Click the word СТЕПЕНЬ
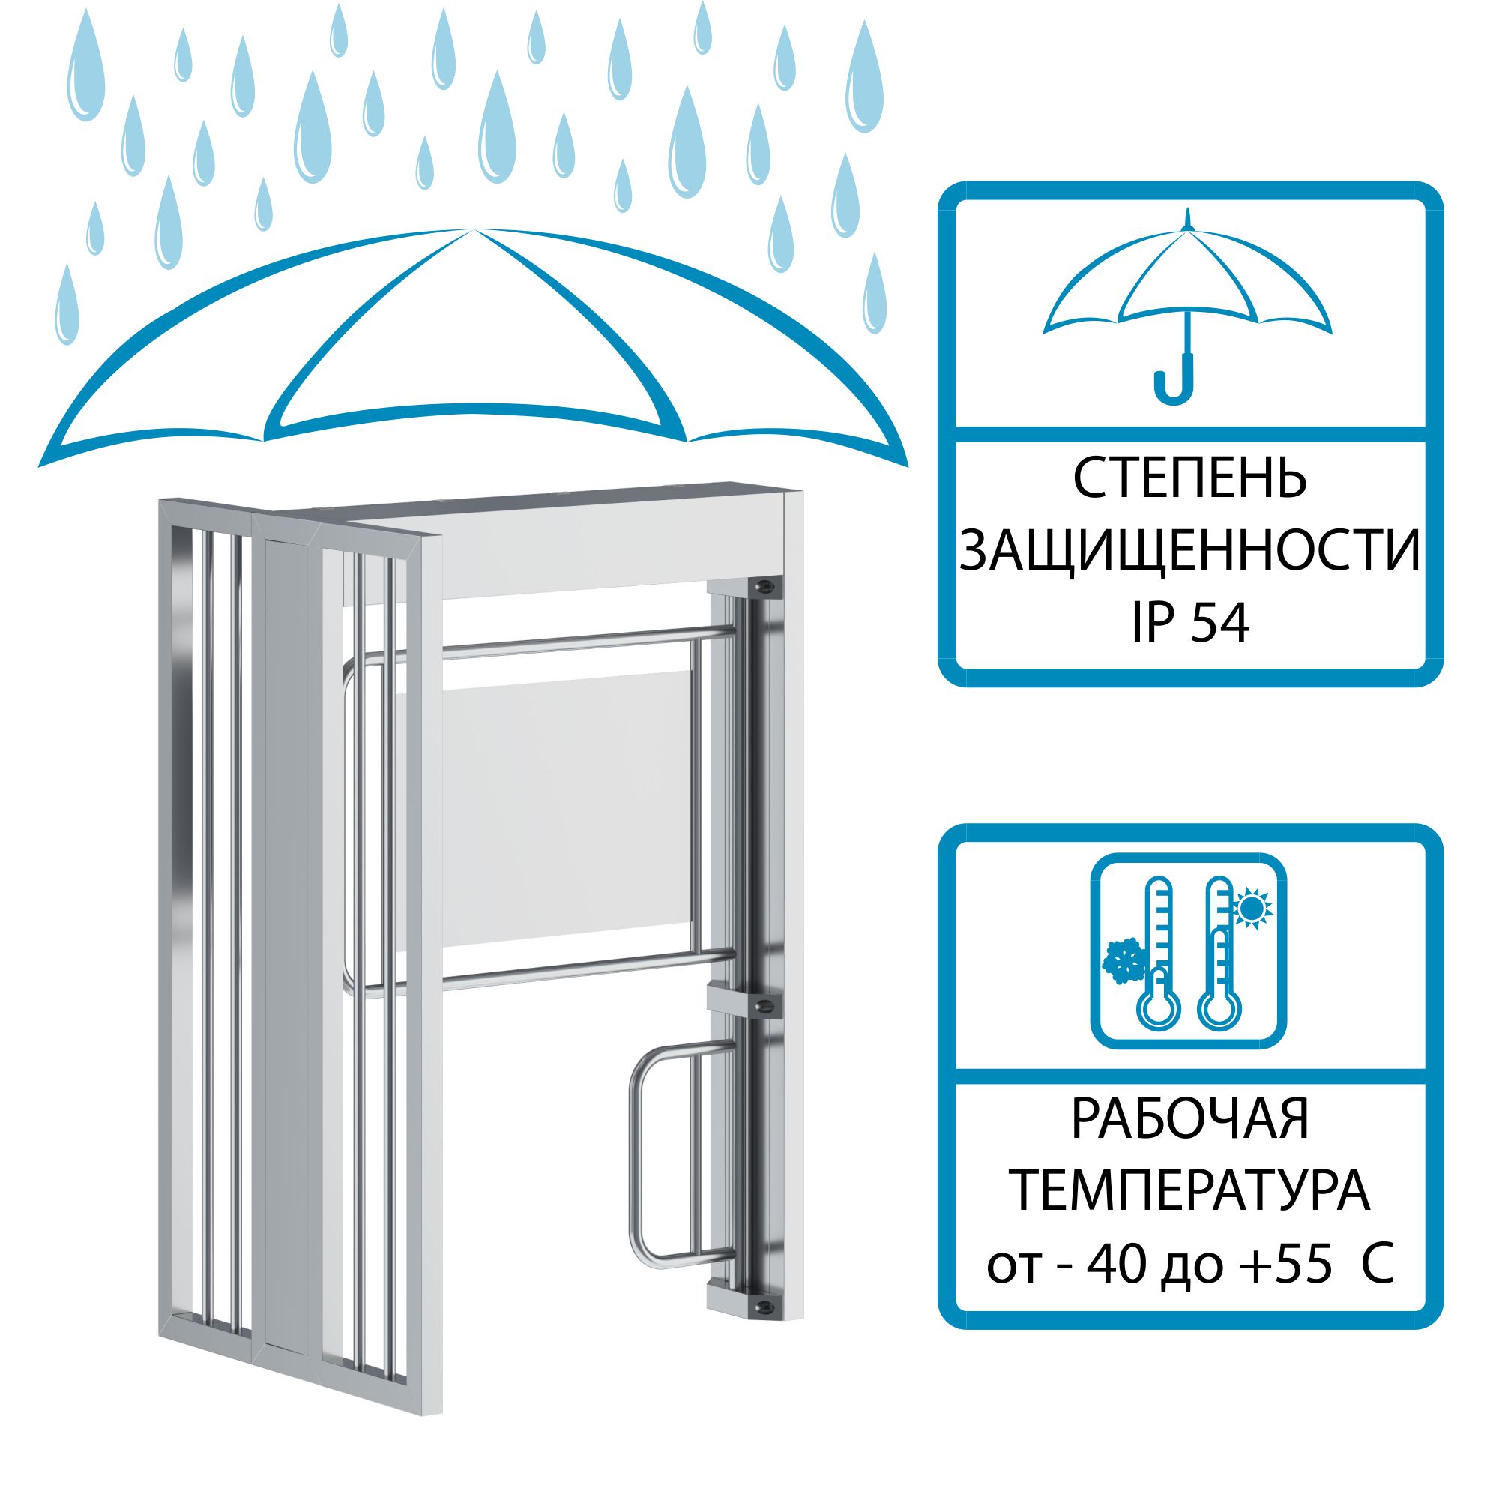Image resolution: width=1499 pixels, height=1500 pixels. [x=1190, y=479]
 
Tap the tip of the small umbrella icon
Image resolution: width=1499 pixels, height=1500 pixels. [x=1187, y=210]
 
